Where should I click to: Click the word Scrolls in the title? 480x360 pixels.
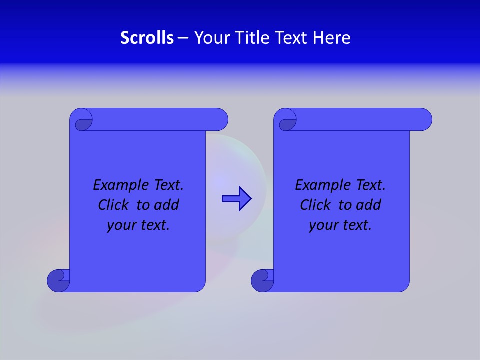coord(147,38)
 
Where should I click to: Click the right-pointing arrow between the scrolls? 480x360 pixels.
coord(236,199)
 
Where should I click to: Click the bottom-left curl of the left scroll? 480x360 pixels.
coord(58,280)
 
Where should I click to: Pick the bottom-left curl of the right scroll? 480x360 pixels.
coord(262,280)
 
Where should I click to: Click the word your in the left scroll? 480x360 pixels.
coord(120,226)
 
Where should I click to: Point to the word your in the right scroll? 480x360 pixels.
coord(322,226)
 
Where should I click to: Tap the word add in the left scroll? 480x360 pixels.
coord(167,205)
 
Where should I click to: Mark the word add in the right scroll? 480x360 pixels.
coord(369,205)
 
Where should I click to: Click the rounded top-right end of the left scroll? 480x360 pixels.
coord(220,119)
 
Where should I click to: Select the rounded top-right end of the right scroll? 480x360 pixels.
coord(424,119)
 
